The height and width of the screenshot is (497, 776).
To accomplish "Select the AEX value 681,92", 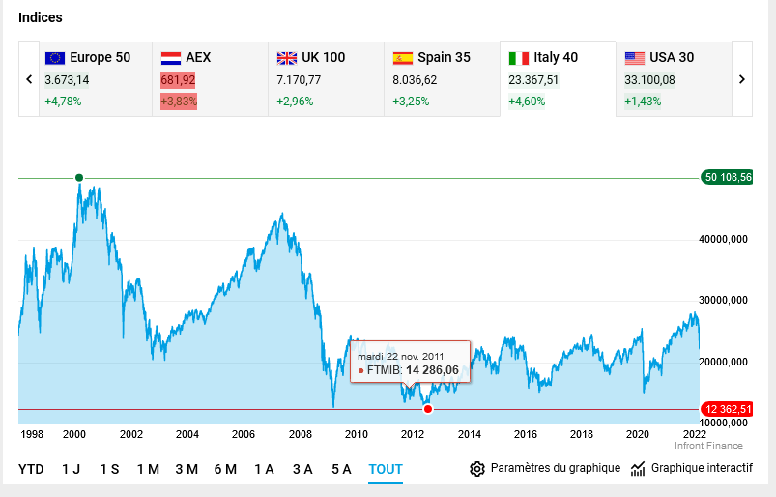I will point(178,79).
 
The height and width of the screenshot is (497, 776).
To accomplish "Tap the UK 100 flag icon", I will point(287,58).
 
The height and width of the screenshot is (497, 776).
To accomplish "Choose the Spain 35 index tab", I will point(442,78).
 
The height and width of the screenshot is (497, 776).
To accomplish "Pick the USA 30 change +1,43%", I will point(643,101).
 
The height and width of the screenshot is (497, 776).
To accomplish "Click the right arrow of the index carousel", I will point(742,79).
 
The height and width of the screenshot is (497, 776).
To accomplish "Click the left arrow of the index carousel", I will point(29,79).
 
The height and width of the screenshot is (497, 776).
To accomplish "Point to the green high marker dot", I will point(79,178).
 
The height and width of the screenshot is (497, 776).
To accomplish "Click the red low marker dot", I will point(428,409).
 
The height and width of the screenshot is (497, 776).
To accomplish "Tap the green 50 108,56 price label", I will point(728,177).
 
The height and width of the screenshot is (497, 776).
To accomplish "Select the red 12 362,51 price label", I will point(728,409).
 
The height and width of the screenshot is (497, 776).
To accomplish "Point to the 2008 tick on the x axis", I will point(301,434).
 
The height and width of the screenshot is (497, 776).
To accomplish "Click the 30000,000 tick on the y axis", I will point(724,301).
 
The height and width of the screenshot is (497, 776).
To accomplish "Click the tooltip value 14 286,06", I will point(431,369).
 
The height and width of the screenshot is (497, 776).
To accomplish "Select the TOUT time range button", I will point(385,469).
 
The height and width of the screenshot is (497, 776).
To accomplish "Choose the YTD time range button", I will point(31,469).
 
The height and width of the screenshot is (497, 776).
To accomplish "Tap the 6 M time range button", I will point(225,469).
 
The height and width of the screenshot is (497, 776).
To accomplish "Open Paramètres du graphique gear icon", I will point(477,469).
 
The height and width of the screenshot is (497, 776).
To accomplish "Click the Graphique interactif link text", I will point(702,468).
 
